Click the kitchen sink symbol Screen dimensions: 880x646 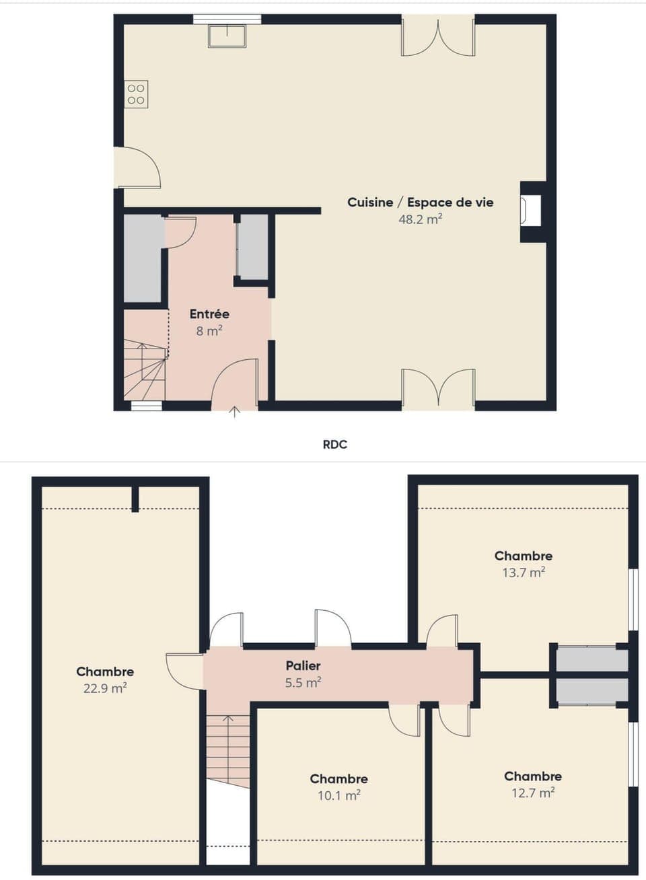[227, 36]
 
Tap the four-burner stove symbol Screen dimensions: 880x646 [136, 94]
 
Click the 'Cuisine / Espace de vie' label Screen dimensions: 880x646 [420, 202]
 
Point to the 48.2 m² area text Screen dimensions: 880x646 [420, 219]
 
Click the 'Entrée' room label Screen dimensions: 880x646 [209, 314]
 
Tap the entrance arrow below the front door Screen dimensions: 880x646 [234, 412]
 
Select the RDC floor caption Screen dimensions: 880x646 [334, 444]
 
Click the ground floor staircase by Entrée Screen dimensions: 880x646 [145, 370]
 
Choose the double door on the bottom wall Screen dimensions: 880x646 [438, 388]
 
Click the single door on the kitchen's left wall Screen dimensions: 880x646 [138, 168]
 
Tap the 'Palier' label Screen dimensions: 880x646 [303, 665]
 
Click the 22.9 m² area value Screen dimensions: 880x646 [105, 688]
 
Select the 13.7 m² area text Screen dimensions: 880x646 [524, 573]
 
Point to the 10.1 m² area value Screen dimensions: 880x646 [338, 795]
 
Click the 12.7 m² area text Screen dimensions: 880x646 [532, 793]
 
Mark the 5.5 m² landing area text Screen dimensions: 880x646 [303, 682]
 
